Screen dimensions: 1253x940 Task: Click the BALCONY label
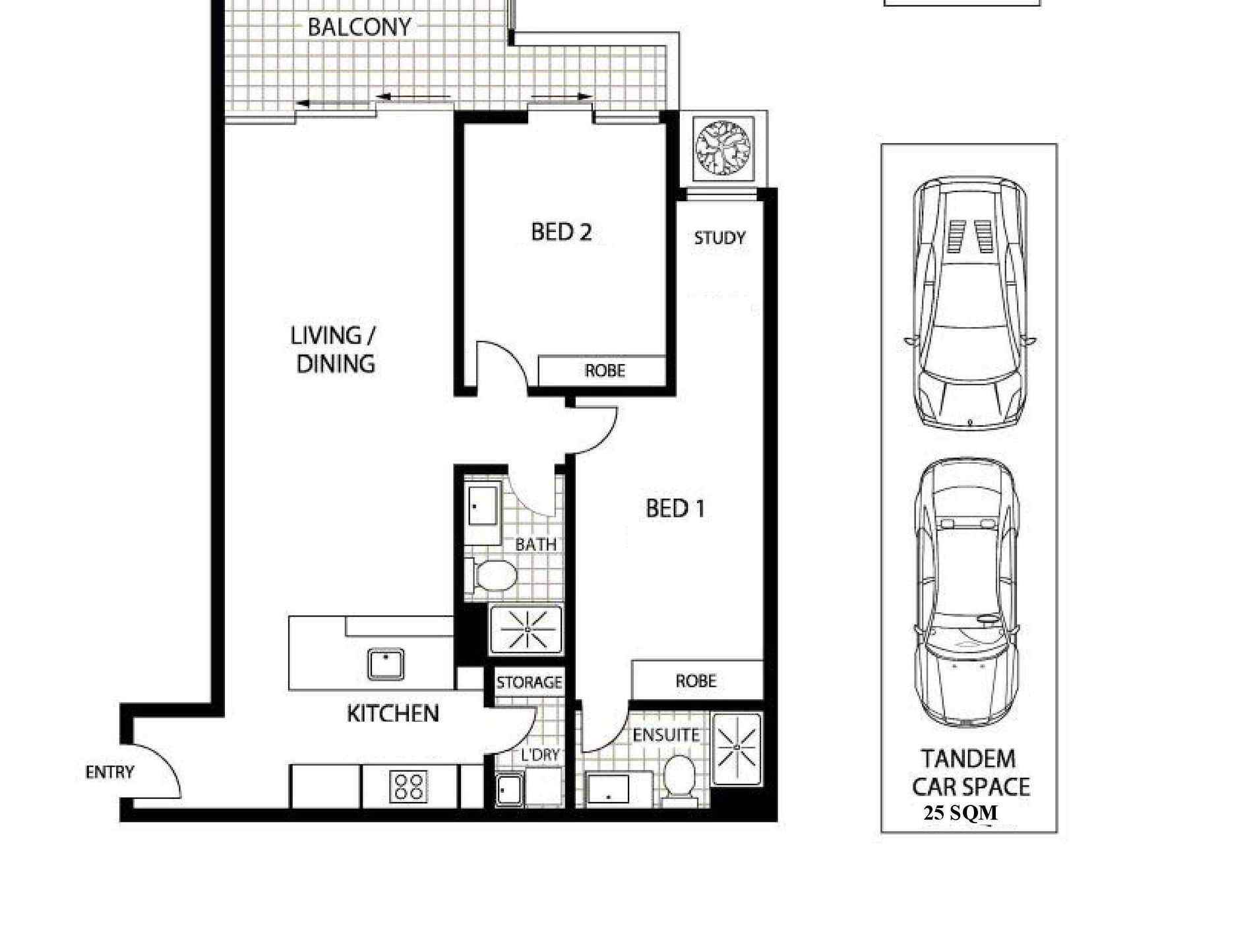[359, 27]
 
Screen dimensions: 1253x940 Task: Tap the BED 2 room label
[561, 232]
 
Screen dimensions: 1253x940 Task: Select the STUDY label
[719, 237]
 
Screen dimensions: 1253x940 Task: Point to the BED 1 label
[675, 509]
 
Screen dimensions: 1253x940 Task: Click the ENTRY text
[109, 772]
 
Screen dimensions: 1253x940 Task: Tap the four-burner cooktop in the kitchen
[408, 786]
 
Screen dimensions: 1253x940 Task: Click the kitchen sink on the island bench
[386, 664]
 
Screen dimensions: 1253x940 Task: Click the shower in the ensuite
[736, 748]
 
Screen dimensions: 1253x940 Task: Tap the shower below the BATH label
[527, 629]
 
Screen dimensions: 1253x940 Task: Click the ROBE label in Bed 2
[605, 371]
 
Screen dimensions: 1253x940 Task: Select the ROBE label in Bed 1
[696, 681]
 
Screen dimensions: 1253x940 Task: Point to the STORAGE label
[530, 682]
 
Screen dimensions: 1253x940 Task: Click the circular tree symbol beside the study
[723, 148]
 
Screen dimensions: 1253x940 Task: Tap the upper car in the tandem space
[969, 303]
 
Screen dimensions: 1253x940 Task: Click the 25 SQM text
[960, 813]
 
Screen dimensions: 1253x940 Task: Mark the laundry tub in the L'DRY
[510, 790]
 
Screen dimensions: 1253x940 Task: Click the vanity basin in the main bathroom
[483, 513]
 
